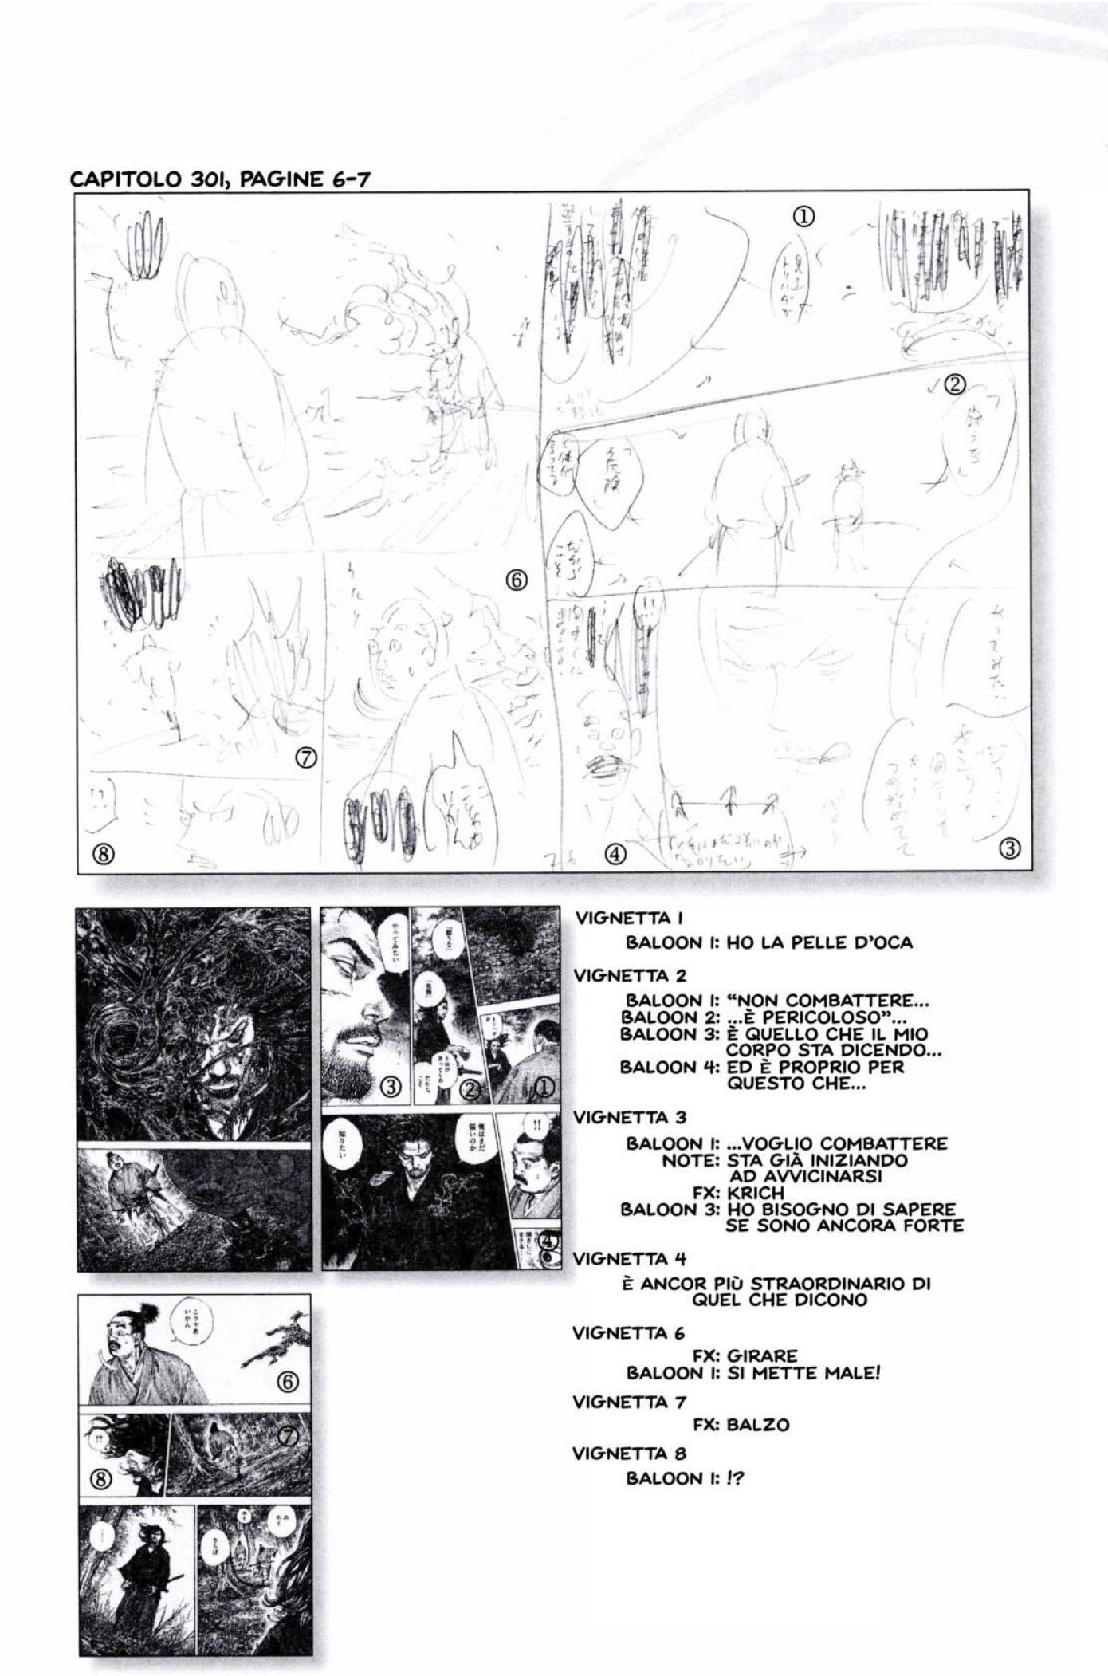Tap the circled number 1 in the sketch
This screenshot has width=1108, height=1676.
click(804, 216)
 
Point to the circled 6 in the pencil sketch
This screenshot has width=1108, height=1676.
click(517, 580)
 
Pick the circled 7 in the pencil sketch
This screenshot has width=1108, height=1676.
click(306, 757)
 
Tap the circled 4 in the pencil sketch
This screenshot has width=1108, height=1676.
click(615, 854)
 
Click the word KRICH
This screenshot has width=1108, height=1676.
click(756, 1193)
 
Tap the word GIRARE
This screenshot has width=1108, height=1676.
click(762, 1355)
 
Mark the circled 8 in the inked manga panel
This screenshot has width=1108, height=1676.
click(100, 1479)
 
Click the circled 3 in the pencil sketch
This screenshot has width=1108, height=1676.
click(1009, 848)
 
